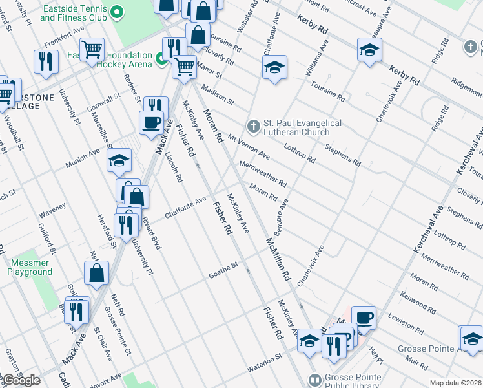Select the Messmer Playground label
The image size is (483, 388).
pyautogui.click(x=30, y=268)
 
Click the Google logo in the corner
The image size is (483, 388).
pyautogui.click(x=21, y=380)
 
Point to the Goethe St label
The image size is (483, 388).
pyautogui.click(x=223, y=271)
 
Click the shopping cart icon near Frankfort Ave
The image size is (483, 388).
pyautogui.click(x=92, y=48)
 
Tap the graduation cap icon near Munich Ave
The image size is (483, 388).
pyautogui.click(x=119, y=160)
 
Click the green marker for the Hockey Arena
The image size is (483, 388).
pyautogui.click(x=162, y=60)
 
